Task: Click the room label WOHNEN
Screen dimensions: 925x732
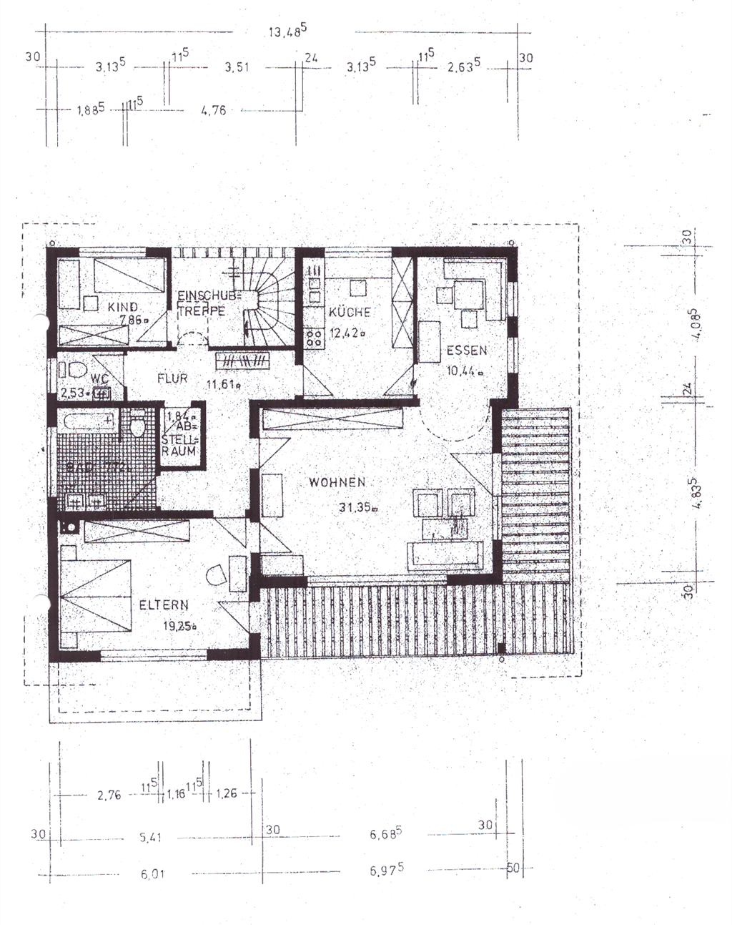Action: [337, 483]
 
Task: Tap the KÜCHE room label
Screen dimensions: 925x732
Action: [350, 312]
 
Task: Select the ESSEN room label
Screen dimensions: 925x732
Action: [467, 351]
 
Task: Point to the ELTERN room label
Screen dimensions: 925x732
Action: [164, 605]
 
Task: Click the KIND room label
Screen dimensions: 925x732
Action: [123, 307]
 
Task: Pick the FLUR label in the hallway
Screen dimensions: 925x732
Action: [172, 378]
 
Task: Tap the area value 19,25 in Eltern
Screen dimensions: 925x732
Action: [179, 625]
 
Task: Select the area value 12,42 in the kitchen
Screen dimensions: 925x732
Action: [347, 332]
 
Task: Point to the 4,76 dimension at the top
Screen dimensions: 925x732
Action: [214, 110]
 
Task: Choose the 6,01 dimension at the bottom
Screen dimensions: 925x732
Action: [152, 873]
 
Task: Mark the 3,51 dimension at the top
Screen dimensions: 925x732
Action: [237, 67]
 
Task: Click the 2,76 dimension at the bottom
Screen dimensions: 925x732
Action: [109, 794]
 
